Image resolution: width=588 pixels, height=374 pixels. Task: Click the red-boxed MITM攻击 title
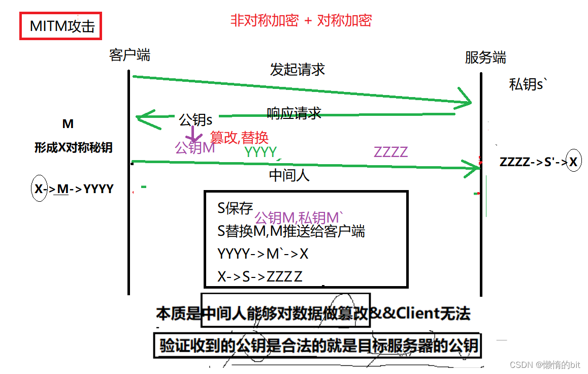point(61,26)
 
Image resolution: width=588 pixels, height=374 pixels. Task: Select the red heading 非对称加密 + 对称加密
point(301,20)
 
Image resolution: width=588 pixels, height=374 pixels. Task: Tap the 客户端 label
point(129,55)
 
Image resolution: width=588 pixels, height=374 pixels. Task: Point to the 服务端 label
point(485,57)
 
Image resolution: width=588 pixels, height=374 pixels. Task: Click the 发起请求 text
point(297,70)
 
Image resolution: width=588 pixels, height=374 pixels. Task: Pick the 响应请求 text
point(294,113)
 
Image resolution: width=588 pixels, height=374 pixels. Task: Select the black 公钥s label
point(195,120)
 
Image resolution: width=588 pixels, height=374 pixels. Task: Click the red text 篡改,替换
point(239,137)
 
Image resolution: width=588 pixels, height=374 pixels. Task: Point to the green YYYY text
point(260,151)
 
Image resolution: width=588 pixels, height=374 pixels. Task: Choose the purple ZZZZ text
point(390,151)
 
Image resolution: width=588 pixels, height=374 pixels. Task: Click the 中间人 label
point(289,175)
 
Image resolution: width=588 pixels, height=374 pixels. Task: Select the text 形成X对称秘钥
point(74,148)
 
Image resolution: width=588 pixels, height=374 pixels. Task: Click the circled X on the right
point(573,162)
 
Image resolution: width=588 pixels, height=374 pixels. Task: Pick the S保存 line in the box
point(235,208)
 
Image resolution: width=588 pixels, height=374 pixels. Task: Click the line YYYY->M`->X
point(263,254)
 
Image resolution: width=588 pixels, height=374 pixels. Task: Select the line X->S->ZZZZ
point(260,277)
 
